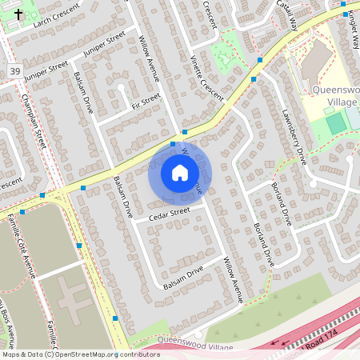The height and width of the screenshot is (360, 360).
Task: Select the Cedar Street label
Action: coord(170,213)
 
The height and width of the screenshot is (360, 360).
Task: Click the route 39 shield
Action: coord(15,72)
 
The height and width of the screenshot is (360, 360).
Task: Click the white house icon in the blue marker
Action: coord(180,173)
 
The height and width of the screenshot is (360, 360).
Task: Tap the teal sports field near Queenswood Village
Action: coord(336,124)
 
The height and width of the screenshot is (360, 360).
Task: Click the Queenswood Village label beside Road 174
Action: coord(195,344)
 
